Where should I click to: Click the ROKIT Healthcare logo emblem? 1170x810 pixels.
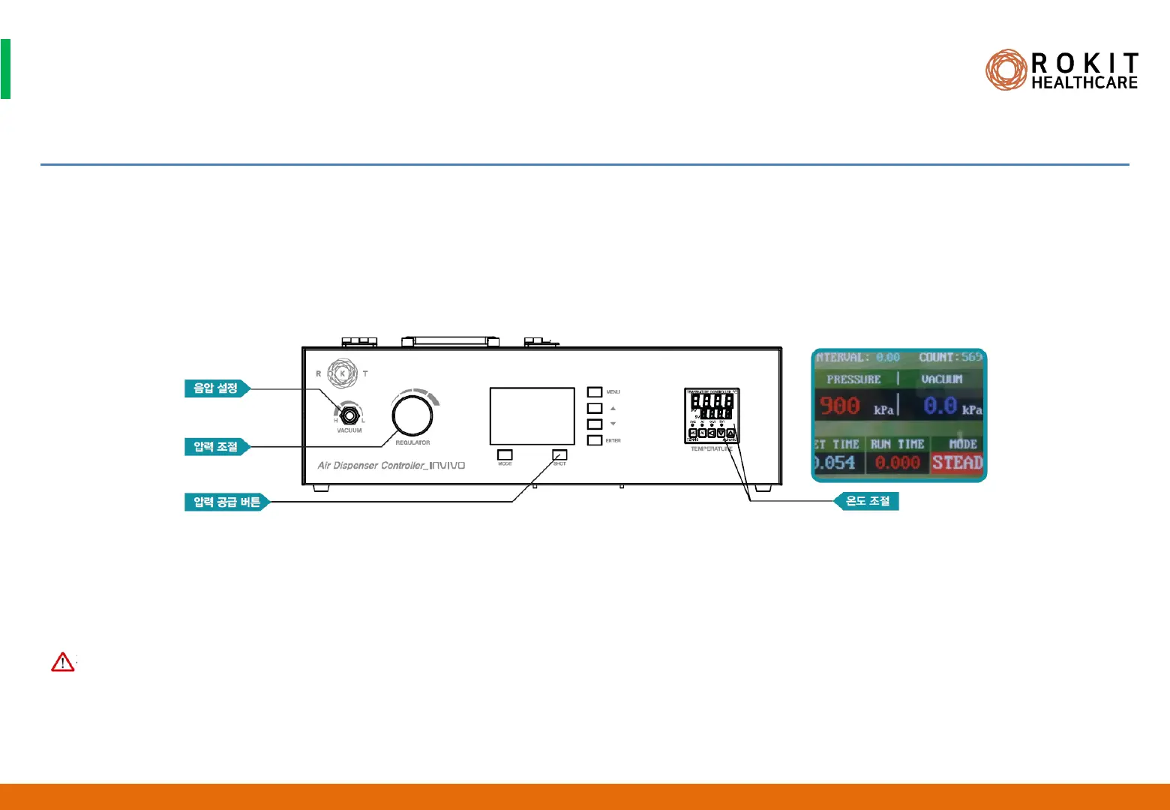[x=1006, y=70]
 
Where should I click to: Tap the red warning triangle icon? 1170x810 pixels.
[x=63, y=661]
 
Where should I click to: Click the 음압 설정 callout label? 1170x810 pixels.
[x=216, y=388]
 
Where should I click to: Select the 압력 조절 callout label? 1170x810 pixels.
[x=216, y=447]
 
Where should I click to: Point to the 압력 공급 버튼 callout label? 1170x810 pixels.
[x=226, y=502]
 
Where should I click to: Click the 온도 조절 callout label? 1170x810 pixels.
[x=867, y=501]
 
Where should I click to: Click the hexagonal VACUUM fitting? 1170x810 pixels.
[x=349, y=413]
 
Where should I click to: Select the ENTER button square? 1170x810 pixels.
[x=595, y=440]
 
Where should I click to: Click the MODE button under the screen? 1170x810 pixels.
[x=505, y=454]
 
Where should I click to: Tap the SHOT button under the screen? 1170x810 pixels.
[x=559, y=454]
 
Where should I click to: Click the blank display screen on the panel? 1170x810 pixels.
[x=532, y=416]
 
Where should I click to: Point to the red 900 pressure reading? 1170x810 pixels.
[x=840, y=406]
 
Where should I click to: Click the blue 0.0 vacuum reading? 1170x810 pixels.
[x=940, y=406]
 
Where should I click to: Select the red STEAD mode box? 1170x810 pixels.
[x=957, y=463]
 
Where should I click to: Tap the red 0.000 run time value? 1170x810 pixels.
[x=897, y=463]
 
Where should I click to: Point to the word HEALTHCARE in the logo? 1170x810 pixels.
[x=1084, y=82]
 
